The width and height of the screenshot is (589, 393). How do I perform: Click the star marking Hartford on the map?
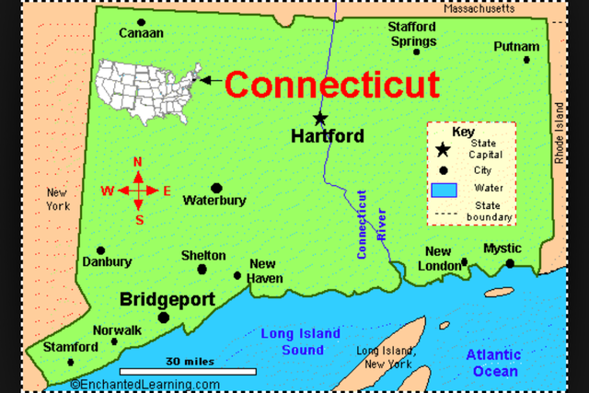(x=319, y=118)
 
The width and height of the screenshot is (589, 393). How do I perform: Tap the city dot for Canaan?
(x=141, y=21)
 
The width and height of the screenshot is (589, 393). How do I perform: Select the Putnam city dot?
(x=526, y=60)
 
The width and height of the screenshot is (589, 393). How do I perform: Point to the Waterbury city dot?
(x=216, y=188)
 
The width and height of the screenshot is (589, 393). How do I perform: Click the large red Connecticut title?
(x=331, y=85)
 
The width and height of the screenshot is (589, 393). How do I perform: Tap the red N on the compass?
(x=138, y=162)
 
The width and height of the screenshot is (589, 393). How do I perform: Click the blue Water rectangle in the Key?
(x=444, y=191)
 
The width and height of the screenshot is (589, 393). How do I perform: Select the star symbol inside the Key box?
(x=443, y=149)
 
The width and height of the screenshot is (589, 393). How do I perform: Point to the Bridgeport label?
(x=167, y=300)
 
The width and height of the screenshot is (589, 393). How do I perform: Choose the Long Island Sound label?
(x=300, y=341)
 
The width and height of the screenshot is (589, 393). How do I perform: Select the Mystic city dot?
(x=509, y=264)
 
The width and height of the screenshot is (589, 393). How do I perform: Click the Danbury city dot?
(x=101, y=250)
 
